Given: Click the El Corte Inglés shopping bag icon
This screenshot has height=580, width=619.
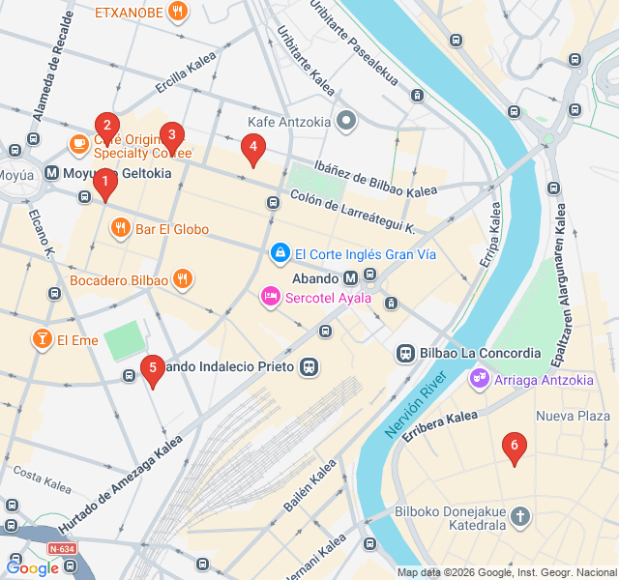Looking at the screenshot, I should (x=280, y=253).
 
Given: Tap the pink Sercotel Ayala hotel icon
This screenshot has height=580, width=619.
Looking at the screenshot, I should (x=271, y=297).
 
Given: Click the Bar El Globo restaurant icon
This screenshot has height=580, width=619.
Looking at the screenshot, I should (x=120, y=229).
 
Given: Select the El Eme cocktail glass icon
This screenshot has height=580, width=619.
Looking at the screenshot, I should (x=42, y=339).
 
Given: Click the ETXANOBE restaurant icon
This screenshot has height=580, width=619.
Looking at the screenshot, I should (x=177, y=12).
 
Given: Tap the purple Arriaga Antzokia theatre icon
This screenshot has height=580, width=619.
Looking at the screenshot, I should (x=478, y=379).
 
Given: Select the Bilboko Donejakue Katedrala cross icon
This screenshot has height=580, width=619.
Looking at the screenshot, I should (x=520, y=516).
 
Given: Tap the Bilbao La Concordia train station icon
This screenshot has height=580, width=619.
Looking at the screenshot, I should (x=406, y=353).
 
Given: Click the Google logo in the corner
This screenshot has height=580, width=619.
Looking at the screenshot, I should (x=32, y=568).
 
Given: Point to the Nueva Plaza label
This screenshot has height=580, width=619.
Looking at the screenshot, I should (x=573, y=416).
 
